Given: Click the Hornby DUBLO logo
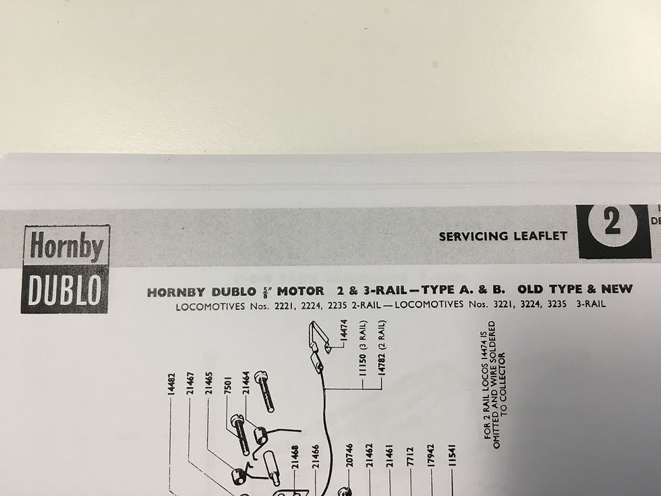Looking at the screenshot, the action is click(x=65, y=269).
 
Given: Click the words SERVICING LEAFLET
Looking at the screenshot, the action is click(x=502, y=236).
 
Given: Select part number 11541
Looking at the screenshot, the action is click(x=451, y=457).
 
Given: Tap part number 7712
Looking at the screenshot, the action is click(x=409, y=458).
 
